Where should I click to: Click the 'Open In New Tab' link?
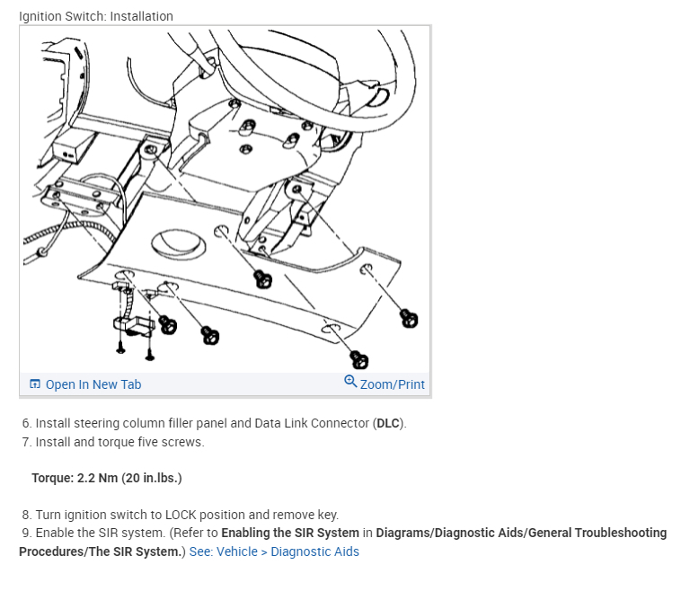tap(93, 384)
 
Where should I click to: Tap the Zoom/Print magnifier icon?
tap(350, 382)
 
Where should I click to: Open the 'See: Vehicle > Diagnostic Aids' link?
tap(274, 551)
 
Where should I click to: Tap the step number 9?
tap(26, 533)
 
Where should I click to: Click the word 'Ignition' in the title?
tap(40, 16)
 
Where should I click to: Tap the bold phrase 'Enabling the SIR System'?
tap(278, 533)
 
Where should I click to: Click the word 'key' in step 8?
tap(329, 515)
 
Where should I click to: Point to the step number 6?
tap(26, 423)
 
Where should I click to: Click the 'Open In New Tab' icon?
tap(35, 384)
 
